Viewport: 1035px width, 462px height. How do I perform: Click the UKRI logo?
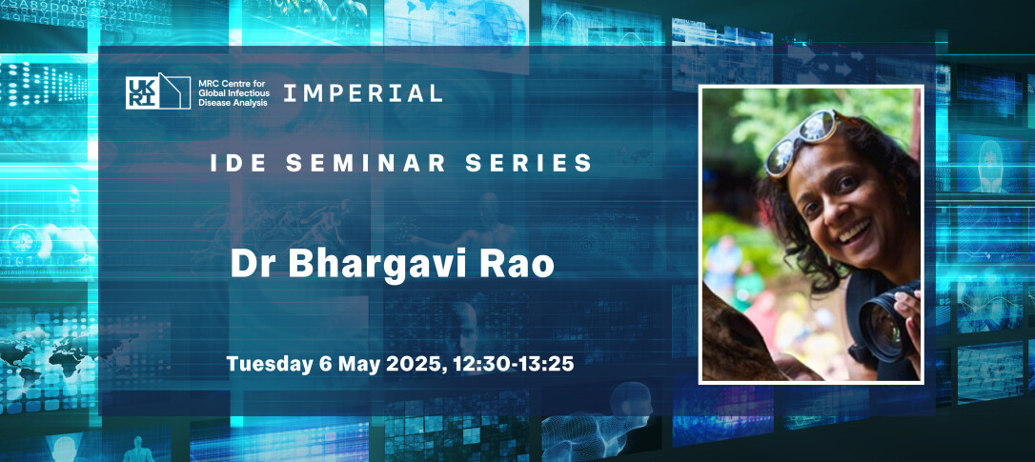coord(158,91)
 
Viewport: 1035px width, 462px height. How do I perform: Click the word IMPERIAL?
coord(362,93)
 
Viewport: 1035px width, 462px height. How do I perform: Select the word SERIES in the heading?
coord(528,163)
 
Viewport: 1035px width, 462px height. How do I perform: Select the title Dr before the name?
coord(254,265)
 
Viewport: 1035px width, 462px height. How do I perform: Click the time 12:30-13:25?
coord(514,363)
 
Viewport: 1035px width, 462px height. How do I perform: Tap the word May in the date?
coord(362,364)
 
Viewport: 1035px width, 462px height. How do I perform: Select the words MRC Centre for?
coord(230,85)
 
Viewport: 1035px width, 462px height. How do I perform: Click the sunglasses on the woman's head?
coord(801,140)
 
